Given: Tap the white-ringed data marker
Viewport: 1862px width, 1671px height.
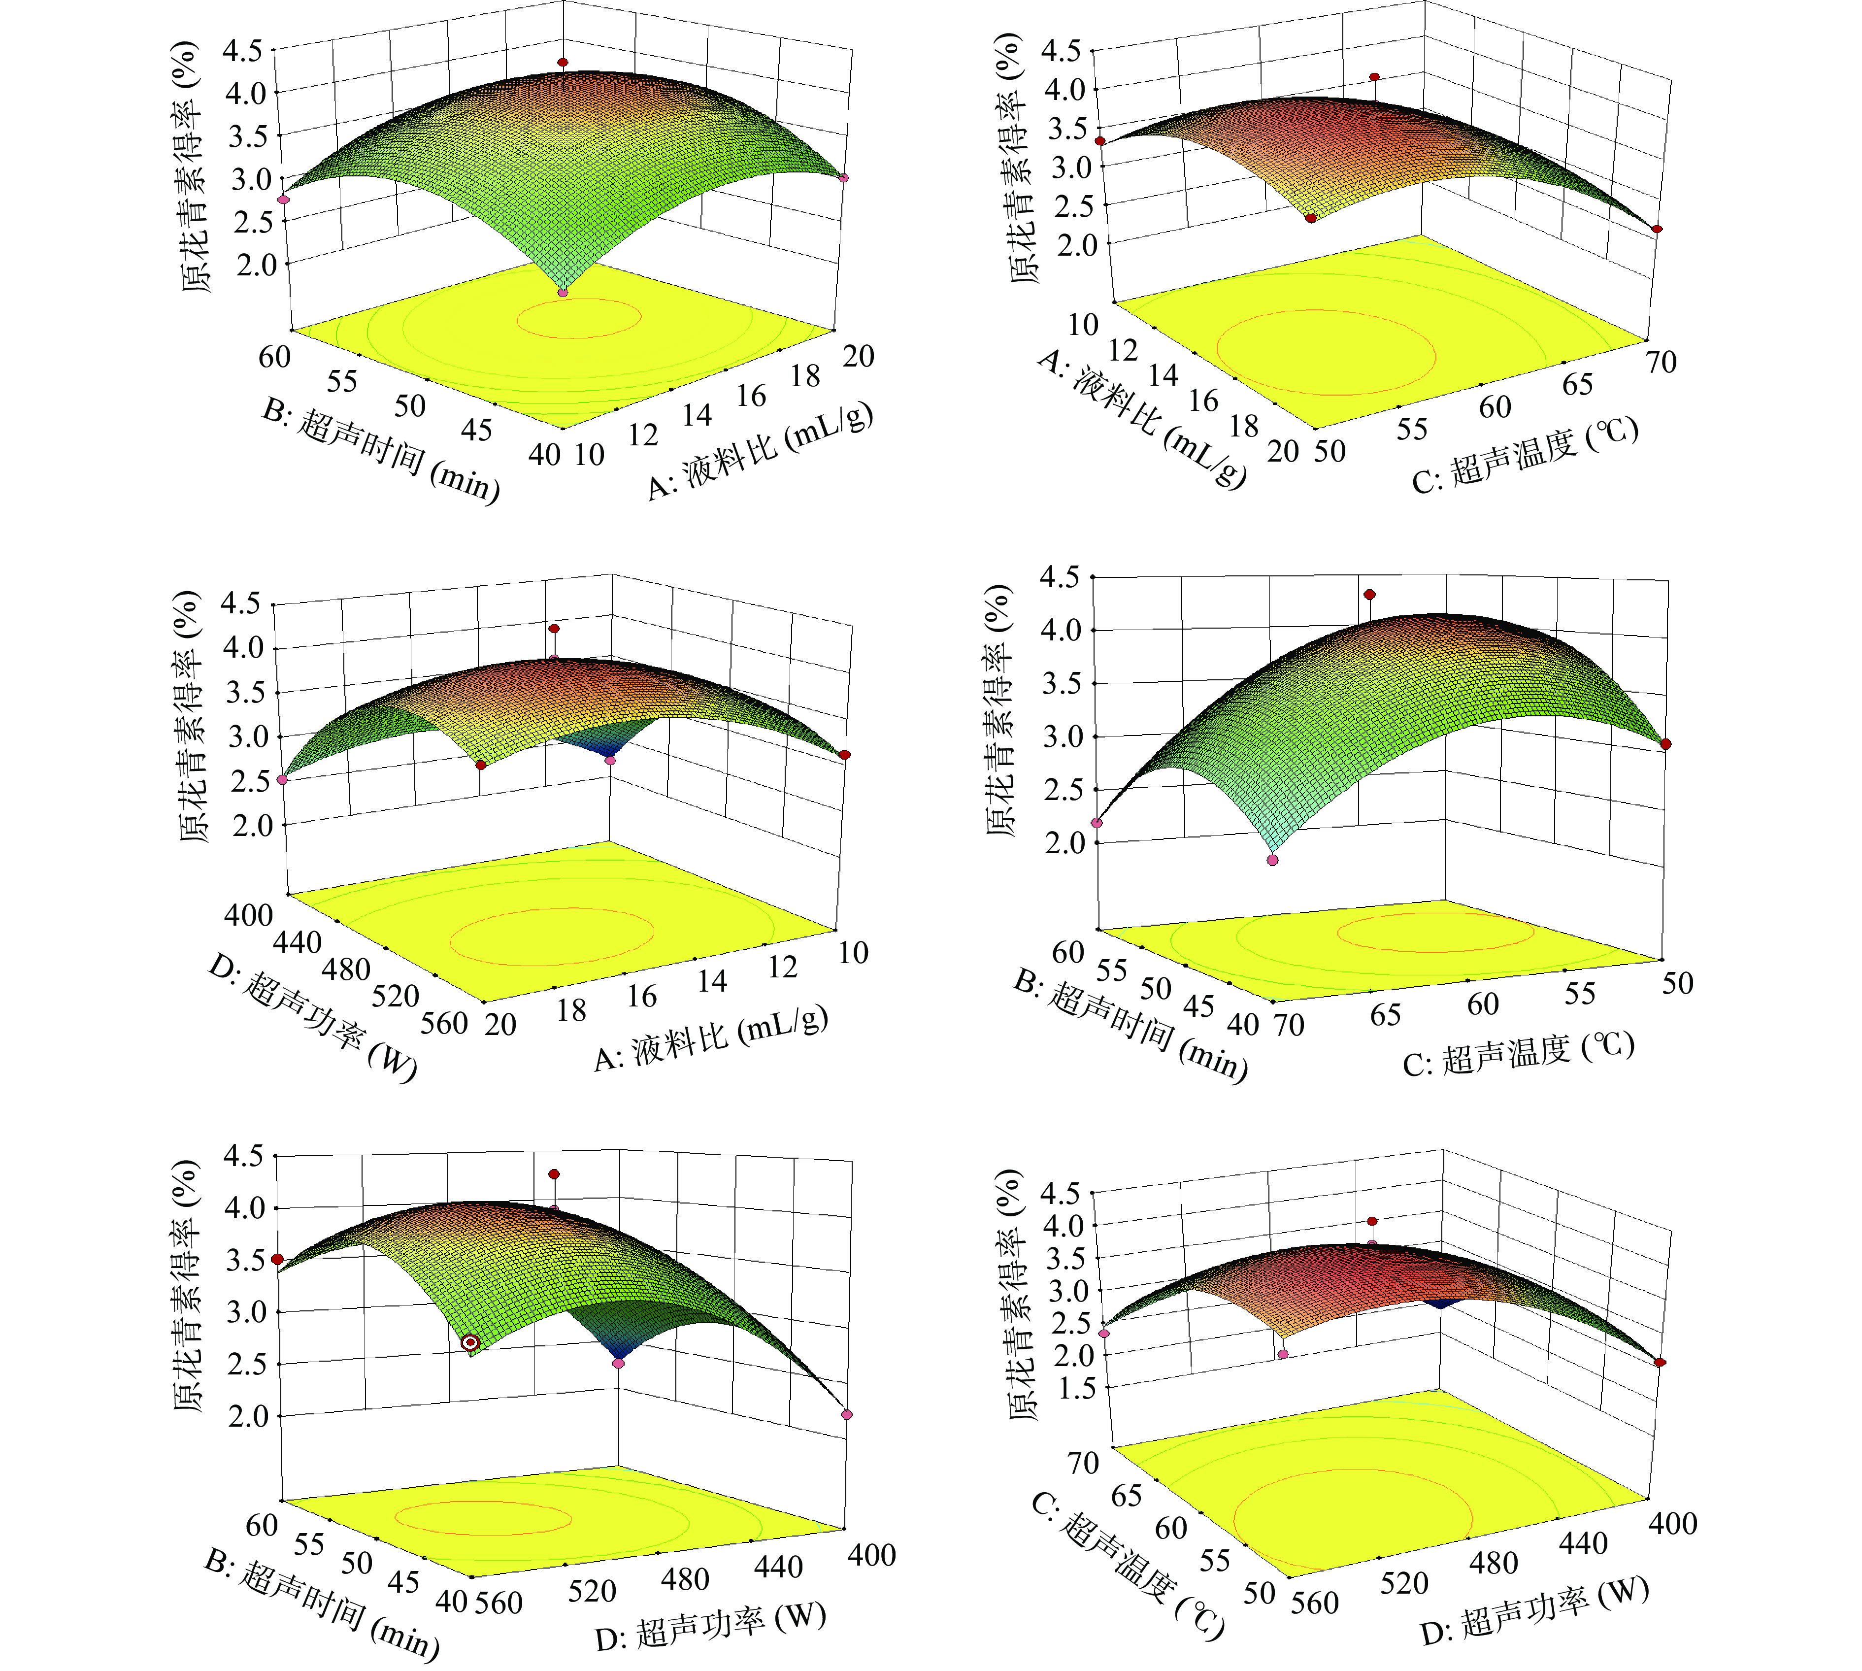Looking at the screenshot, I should click(470, 1342).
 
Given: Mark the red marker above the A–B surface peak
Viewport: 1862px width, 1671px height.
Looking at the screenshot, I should click(563, 63).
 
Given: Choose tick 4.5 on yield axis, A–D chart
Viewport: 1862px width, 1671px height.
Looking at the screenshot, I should click(240, 603).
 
